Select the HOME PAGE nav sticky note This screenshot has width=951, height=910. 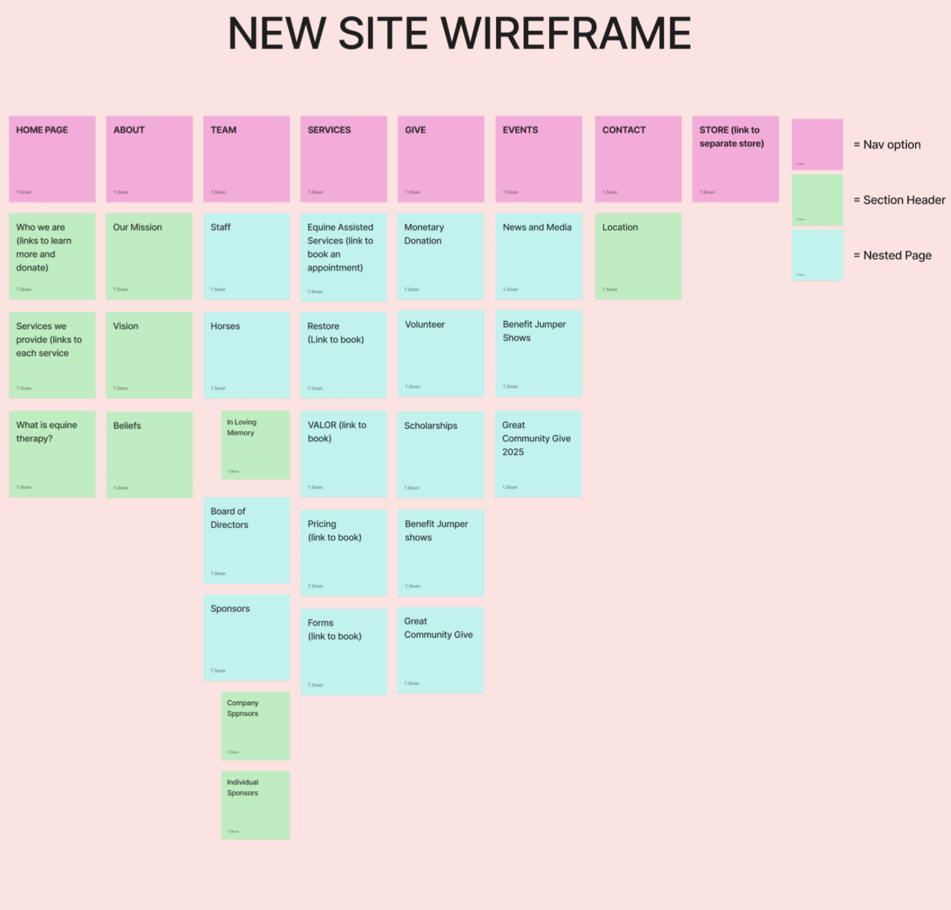point(52,159)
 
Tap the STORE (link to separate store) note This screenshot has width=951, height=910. point(735,159)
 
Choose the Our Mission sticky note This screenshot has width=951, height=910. point(149,256)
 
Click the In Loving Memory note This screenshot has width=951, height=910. point(255,445)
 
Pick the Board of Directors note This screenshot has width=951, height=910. point(247,540)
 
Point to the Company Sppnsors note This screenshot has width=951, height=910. point(255,725)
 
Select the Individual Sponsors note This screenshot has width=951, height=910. point(255,805)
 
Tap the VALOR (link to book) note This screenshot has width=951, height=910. point(344,454)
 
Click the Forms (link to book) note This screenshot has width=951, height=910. point(344,651)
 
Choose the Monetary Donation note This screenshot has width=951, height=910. point(440,256)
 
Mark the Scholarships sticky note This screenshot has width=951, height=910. point(440,454)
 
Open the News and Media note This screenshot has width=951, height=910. point(538,256)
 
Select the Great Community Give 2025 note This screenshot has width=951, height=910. point(538,454)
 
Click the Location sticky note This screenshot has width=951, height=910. point(638,256)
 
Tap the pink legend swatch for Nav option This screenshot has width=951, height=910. point(817,144)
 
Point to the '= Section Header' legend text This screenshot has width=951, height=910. point(899,200)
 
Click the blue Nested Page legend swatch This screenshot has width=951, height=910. point(817,255)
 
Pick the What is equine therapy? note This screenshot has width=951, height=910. point(52,454)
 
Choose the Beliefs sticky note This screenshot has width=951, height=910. point(149,454)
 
